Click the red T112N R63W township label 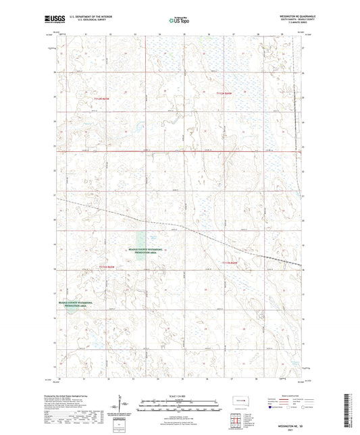99,99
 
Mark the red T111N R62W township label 230,261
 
